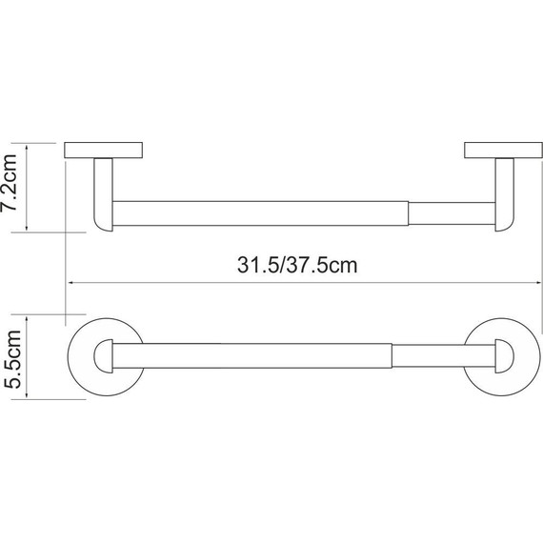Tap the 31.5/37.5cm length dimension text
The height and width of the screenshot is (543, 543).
point(297,265)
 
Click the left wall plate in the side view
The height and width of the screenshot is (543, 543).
point(104,151)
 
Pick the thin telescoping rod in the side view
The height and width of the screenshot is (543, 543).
point(451,212)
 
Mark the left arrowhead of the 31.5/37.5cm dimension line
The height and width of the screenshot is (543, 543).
point(71,282)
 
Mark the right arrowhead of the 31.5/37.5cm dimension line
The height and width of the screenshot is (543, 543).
point(536,282)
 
